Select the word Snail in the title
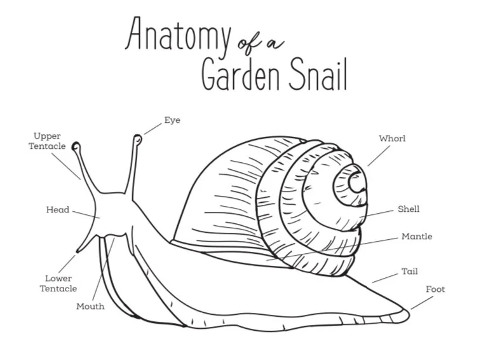[315, 74]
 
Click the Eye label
[172, 120]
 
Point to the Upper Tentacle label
[48, 141]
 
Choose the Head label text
[57, 209]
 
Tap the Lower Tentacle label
[58, 283]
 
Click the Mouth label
[90, 306]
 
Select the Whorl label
[391, 138]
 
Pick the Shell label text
[409, 209]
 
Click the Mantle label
[416, 237]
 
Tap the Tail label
[409, 272]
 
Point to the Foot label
[435, 289]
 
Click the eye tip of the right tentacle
[137, 139]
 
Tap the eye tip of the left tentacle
[76, 146]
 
